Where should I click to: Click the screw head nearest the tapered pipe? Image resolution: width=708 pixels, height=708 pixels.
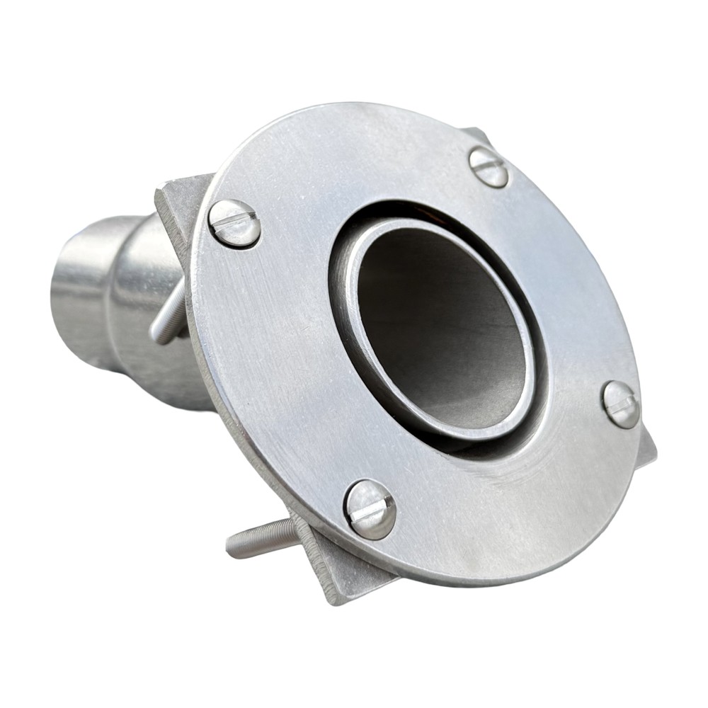point(234,223)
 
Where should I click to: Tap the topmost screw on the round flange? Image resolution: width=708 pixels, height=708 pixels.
point(489,167)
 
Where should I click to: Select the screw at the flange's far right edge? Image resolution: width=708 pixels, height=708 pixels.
point(621,404)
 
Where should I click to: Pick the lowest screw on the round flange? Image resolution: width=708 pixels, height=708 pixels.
point(370,509)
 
